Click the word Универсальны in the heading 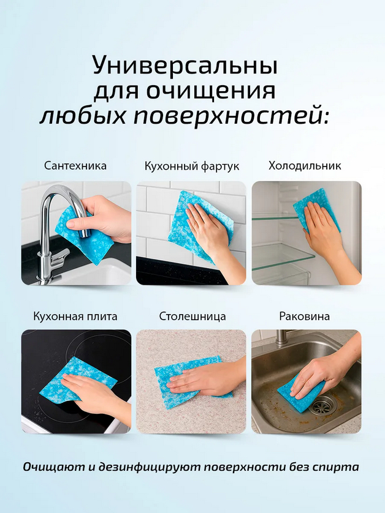point(185,65)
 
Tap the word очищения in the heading point(211,91)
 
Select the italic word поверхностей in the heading point(231,116)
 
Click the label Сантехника point(75,165)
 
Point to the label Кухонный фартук point(192,166)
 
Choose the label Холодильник point(305,165)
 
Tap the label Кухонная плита point(75,316)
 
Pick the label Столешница point(192,316)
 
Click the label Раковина point(305,316)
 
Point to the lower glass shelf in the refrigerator point(283,258)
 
